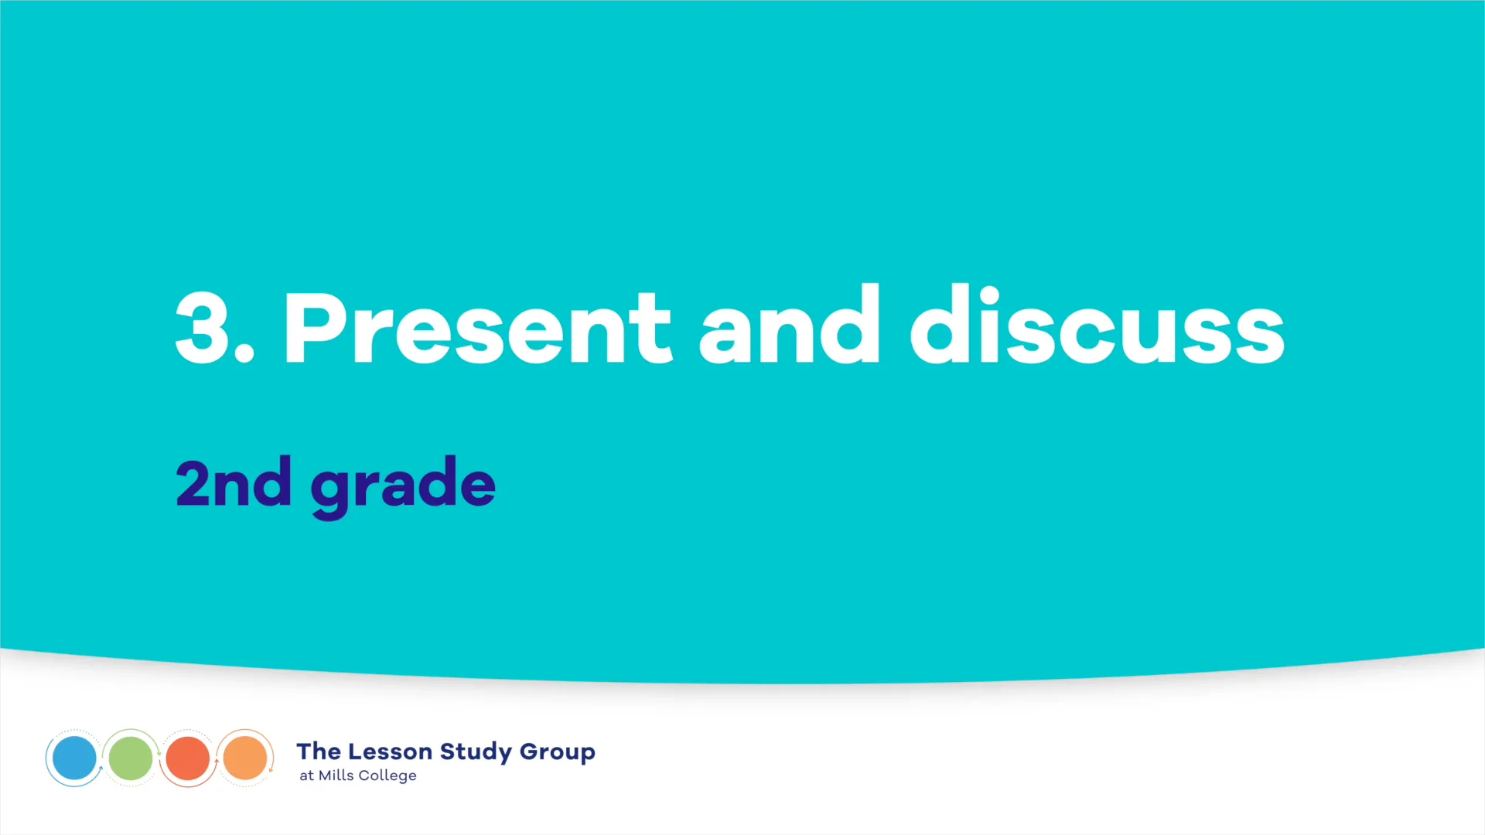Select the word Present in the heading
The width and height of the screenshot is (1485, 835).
[x=477, y=328]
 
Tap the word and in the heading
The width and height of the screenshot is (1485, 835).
[x=790, y=325]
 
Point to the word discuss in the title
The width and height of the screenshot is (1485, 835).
[x=1097, y=325]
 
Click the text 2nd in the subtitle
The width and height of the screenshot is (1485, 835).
[x=234, y=483]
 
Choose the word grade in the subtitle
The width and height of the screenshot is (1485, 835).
[x=403, y=486]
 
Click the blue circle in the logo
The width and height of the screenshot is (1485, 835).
[x=74, y=758]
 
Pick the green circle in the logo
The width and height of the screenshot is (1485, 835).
[x=131, y=758]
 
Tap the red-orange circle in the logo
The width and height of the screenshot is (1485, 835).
[x=188, y=758]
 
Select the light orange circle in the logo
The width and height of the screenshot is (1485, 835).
[x=245, y=758]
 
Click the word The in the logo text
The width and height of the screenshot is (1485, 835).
[x=319, y=751]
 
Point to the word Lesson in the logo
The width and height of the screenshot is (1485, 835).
[x=390, y=751]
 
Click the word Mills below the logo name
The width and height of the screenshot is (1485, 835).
[x=336, y=775]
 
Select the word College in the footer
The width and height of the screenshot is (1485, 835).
[x=387, y=776]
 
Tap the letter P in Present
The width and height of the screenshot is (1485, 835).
[x=314, y=328]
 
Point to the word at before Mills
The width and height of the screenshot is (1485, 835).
[x=306, y=776]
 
